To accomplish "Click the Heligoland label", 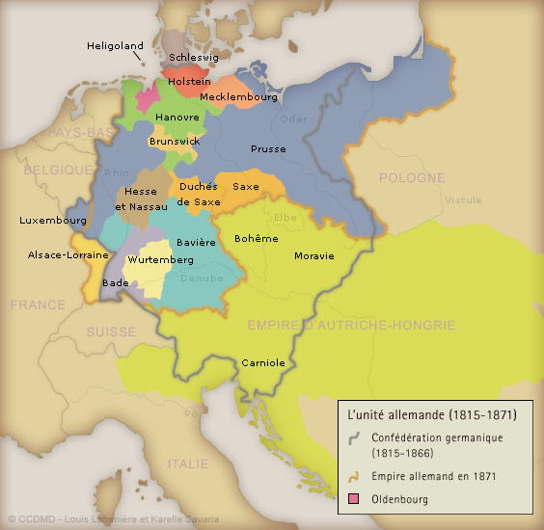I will click(115, 45).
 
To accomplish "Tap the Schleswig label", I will click(194, 58).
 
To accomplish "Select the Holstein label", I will click(189, 82).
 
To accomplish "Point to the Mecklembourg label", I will click(239, 97).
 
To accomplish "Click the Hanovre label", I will click(177, 117).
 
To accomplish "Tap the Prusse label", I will click(268, 149).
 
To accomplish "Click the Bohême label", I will click(257, 238).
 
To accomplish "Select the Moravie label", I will click(314, 256).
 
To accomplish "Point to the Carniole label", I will click(263, 363).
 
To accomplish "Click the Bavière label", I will click(196, 243).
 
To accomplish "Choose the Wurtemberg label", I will click(154, 260).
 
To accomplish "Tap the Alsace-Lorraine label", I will click(65, 255).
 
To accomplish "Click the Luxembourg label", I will click(52, 221).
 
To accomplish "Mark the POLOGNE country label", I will click(412, 178).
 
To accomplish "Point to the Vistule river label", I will click(462, 200).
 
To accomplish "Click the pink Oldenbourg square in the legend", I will click(354, 498).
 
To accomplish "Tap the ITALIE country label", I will click(187, 464).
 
